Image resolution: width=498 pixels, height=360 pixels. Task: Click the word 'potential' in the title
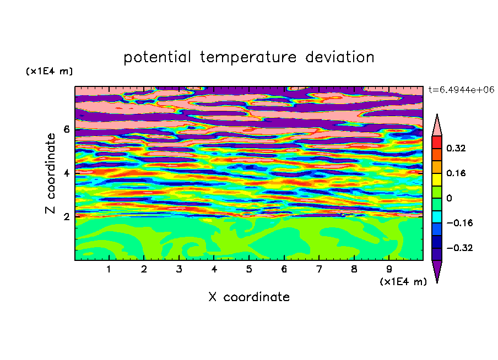157,58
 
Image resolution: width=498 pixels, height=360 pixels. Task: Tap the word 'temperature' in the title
248,58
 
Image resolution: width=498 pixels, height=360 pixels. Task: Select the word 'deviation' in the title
340,57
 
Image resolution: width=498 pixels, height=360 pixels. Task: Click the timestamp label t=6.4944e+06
461,90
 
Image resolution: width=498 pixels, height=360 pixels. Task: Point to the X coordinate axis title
249,297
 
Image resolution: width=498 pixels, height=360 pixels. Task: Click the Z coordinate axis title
51,173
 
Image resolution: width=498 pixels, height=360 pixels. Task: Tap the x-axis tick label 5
249,269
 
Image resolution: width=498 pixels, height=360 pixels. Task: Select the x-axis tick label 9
389,269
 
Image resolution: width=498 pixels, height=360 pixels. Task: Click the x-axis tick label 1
109,269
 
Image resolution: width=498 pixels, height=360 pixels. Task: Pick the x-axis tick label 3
179,269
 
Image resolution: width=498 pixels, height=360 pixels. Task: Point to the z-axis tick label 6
66,129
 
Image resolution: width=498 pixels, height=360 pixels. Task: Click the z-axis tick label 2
66,216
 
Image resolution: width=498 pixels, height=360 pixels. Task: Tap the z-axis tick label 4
66,173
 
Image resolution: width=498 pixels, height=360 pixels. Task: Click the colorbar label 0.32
456,148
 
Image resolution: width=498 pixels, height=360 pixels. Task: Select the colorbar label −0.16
459,223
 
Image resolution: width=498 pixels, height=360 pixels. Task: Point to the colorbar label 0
449,198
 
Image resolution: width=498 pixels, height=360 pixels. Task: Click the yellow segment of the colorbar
437,179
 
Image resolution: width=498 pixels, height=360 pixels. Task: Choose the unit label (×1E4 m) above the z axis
49,72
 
